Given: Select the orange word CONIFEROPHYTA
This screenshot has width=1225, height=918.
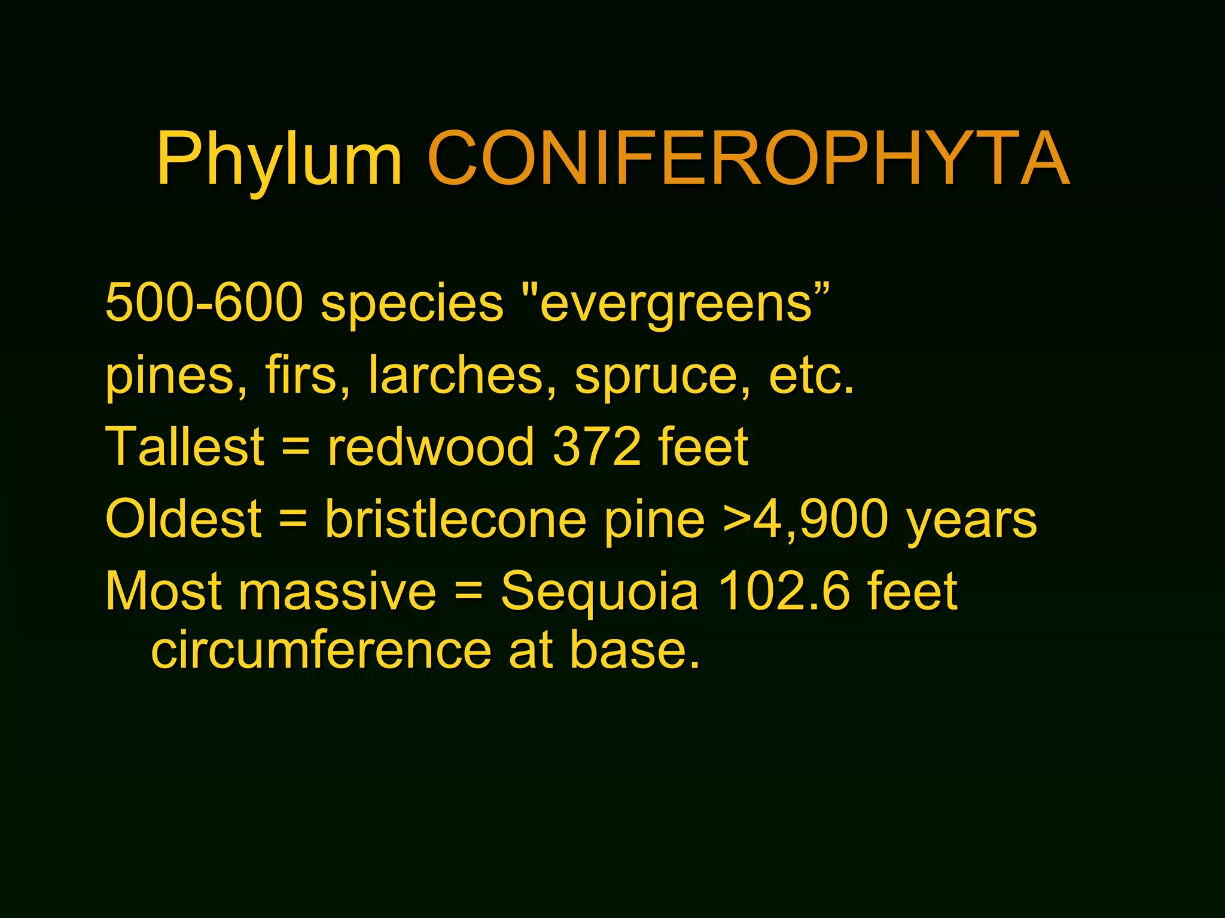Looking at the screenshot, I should click(748, 158).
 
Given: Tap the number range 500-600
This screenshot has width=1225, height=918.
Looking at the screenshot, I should click(204, 302).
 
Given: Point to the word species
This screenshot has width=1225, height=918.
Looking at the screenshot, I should click(412, 305).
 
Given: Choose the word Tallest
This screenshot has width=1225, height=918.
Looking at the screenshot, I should click(185, 446).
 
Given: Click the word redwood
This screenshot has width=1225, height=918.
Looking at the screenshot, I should click(431, 446).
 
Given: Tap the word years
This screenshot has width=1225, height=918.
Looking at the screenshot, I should click(972, 521).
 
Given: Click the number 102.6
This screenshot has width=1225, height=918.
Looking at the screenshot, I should click(784, 591).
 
